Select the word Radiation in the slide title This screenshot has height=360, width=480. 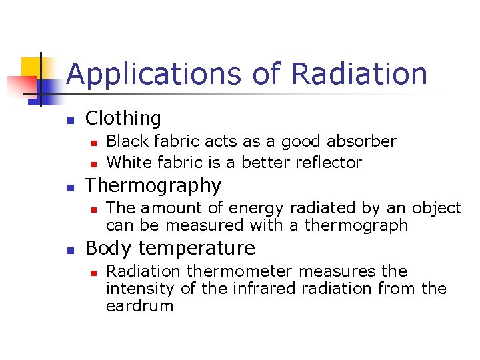359,73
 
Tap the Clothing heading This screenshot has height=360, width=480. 123,119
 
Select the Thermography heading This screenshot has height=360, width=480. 153,185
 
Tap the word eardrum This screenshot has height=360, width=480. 139,306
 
